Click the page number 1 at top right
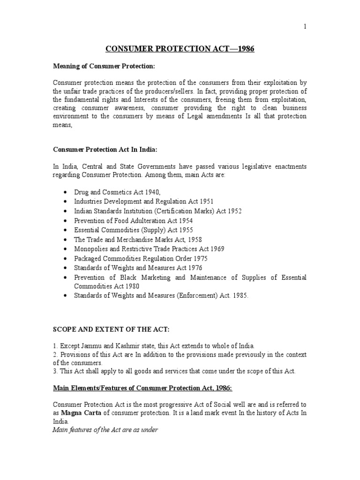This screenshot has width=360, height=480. coord(305,27)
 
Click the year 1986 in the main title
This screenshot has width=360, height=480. coord(246,49)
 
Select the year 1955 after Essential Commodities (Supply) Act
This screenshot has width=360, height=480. coord(185,230)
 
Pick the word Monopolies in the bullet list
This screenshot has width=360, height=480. coord(91,249)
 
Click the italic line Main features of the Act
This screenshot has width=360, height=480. coord(105,430)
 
